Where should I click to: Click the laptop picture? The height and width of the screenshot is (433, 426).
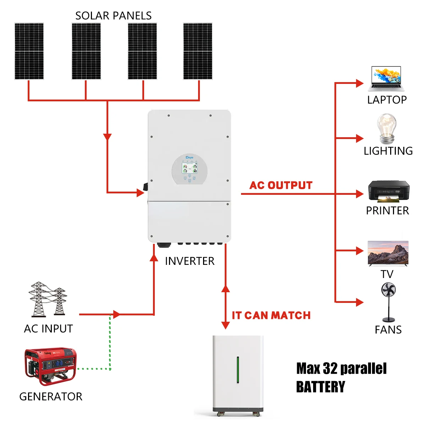click(x=386, y=79)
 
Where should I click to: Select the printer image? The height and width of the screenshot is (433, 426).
click(x=388, y=191)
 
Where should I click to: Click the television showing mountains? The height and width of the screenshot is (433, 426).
click(x=388, y=253)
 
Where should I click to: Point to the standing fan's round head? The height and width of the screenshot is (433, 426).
click(x=388, y=290)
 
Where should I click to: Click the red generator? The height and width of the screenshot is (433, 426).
click(x=50, y=366)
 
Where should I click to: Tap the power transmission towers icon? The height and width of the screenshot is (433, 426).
click(x=48, y=300)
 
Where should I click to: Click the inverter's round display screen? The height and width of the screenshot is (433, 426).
click(x=190, y=169)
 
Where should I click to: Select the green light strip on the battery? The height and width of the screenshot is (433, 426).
click(x=238, y=370)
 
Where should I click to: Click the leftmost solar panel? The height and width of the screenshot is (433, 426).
click(x=29, y=51)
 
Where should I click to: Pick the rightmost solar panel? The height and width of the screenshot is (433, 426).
click(x=198, y=51)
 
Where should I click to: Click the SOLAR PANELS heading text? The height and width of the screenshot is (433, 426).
click(x=113, y=16)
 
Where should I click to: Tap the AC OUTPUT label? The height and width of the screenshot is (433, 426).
click(x=281, y=185)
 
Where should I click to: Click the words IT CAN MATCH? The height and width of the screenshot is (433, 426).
click(x=271, y=315)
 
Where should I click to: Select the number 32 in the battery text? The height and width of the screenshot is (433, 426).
click(x=330, y=369)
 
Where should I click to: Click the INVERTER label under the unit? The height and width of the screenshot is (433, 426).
click(x=190, y=261)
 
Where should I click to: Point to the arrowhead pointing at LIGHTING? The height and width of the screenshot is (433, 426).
click(x=360, y=138)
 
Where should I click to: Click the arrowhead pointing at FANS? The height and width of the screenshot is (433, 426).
click(x=360, y=302)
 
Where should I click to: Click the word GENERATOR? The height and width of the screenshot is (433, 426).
click(x=51, y=396)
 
